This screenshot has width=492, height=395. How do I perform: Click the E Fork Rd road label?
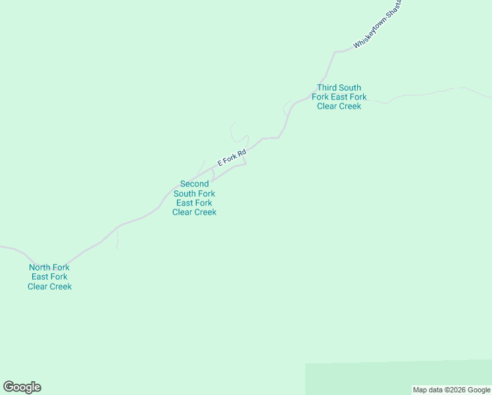click(232, 158)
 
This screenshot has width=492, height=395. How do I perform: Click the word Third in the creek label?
click(329, 88)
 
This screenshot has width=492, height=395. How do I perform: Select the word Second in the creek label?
click(195, 184)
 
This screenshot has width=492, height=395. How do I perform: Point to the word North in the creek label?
click(40, 267)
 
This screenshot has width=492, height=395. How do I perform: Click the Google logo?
click(22, 387)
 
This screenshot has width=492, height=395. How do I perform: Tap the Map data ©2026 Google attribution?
click(452, 390)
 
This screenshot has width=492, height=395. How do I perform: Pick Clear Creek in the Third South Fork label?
click(339, 106)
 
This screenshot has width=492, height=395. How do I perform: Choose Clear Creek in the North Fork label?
click(49, 286)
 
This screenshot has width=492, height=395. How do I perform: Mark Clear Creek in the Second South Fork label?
click(194, 212)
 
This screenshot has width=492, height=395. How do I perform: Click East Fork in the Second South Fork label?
click(194, 203)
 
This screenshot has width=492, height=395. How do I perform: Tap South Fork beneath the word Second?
click(194, 194)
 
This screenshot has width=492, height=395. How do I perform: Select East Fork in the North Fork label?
click(49, 276)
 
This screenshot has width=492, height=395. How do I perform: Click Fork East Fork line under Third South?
click(339, 97)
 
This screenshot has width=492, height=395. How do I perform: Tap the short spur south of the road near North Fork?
click(117, 241)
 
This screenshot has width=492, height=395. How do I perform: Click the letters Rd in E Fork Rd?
click(241, 153)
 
